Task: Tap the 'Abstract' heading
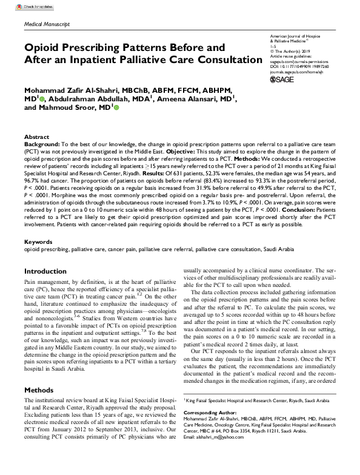(x=37, y=137)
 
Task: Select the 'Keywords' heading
(x=39, y=241)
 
